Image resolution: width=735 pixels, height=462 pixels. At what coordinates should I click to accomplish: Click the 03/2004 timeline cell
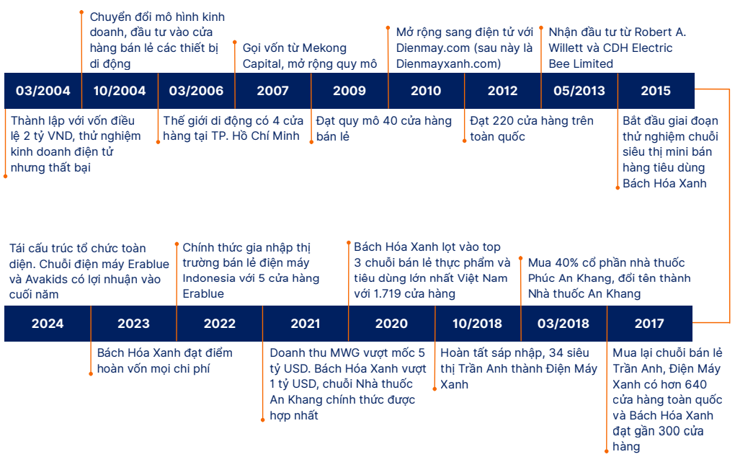tap(43, 91)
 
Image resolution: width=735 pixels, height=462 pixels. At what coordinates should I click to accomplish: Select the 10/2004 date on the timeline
tap(120, 91)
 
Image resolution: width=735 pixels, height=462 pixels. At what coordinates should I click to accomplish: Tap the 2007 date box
tap(273, 91)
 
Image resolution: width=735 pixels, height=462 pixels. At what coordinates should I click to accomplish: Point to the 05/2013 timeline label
tap(579, 91)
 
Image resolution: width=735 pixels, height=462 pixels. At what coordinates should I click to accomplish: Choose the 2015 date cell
tap(656, 91)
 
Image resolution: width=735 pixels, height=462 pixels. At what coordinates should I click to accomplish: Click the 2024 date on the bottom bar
tap(48, 324)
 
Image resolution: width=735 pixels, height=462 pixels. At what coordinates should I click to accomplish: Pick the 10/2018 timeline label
tap(478, 324)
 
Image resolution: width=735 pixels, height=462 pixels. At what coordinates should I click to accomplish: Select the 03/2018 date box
tap(563, 324)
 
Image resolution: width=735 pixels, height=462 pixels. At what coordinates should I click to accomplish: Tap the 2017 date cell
tap(649, 324)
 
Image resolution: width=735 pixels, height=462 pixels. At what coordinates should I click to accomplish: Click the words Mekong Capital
tap(295, 55)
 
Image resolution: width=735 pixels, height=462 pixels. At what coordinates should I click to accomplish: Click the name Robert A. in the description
tap(660, 32)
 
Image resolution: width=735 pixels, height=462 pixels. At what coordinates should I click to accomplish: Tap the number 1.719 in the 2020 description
tap(388, 294)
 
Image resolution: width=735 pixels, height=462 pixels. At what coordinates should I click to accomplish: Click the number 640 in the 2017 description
tap(695, 385)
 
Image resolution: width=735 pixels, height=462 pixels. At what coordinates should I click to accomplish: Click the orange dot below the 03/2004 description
tap(6, 177)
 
